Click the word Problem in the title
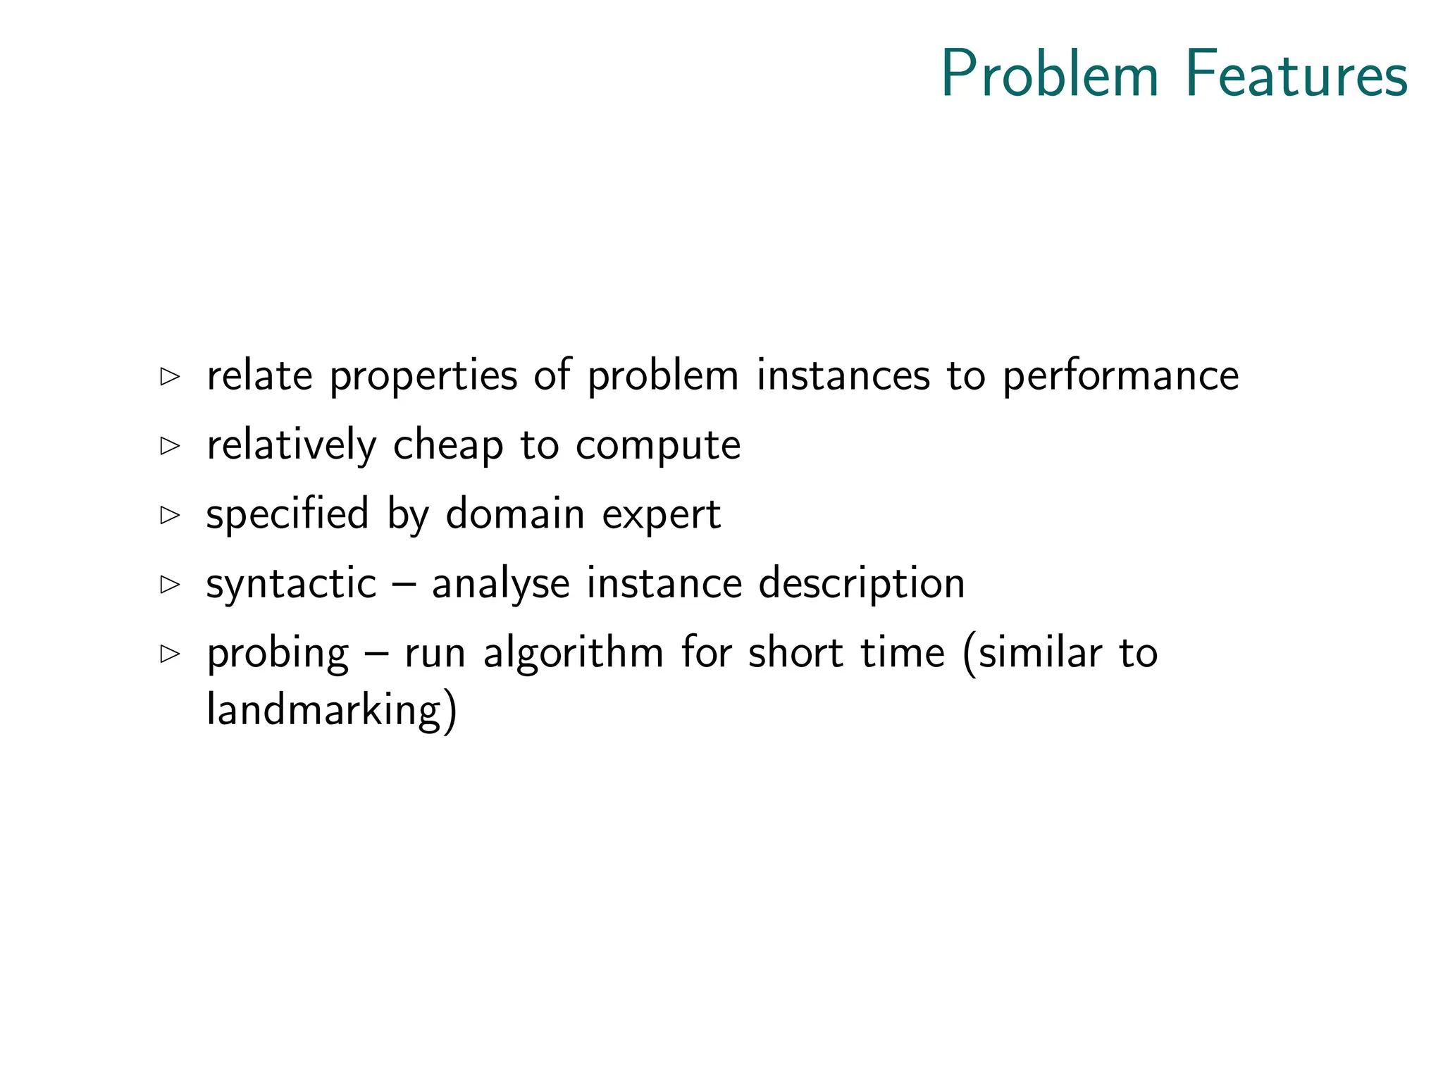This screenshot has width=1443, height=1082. click(1050, 75)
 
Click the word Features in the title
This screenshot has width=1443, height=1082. click(1296, 75)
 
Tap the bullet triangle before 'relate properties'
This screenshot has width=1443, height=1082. click(170, 376)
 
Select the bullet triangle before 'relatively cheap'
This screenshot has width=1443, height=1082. click(170, 445)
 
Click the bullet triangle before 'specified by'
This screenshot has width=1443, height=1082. click(170, 514)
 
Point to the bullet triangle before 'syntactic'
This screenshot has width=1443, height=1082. click(170, 584)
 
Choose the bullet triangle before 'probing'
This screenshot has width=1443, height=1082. click(170, 653)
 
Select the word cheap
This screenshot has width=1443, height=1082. click(448, 447)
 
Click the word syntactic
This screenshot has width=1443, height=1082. click(291, 584)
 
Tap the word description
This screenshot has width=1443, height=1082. click(861, 585)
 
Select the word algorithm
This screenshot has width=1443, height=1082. click(573, 654)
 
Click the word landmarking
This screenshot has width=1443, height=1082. click(323, 710)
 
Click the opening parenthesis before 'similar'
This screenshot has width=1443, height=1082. click(970, 654)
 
